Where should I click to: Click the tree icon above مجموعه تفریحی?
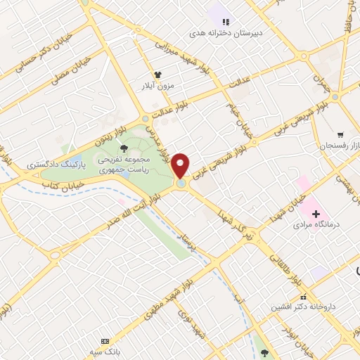click(124, 148)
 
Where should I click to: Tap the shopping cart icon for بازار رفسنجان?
click(340, 134)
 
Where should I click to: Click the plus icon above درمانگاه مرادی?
click(315, 213)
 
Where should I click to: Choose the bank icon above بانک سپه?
click(106, 340)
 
